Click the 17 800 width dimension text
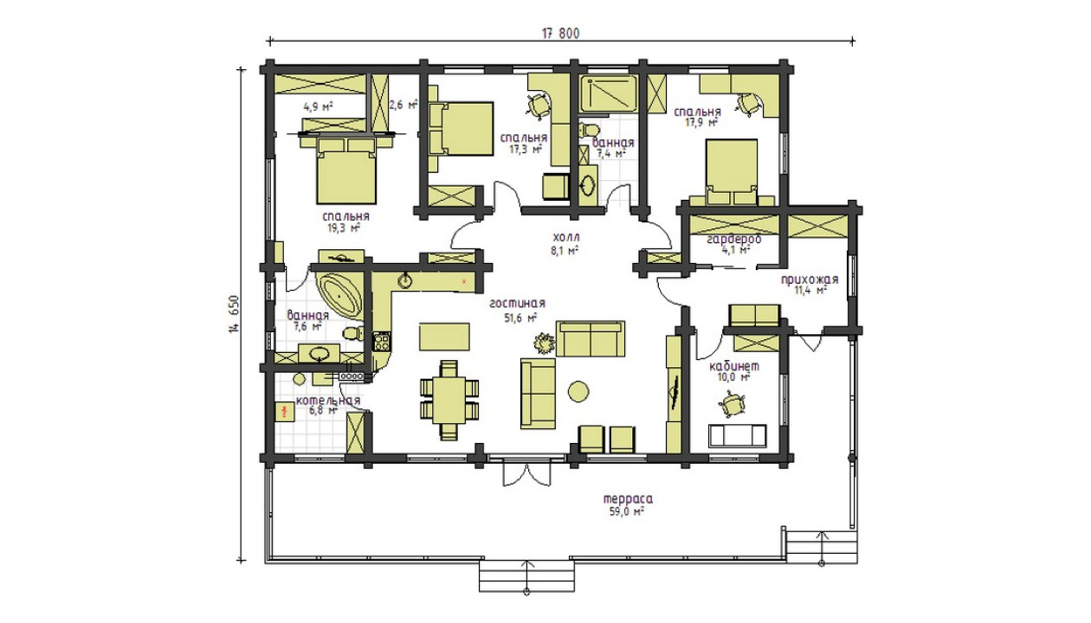click(x=560, y=33)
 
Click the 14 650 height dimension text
click(x=235, y=314)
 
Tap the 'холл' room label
click(x=566, y=237)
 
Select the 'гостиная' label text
click(x=517, y=303)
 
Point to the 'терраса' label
click(x=629, y=499)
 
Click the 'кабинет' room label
click(x=734, y=366)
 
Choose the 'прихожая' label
click(x=810, y=279)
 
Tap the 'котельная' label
click(x=328, y=400)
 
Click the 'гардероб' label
click(x=734, y=239)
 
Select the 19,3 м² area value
click(x=344, y=228)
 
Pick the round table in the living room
click(x=578, y=391)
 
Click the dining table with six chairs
click(x=449, y=400)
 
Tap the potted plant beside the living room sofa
click(x=544, y=344)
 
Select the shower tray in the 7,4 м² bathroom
click(x=609, y=93)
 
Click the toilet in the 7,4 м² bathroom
click(x=589, y=131)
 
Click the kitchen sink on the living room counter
click(x=405, y=280)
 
